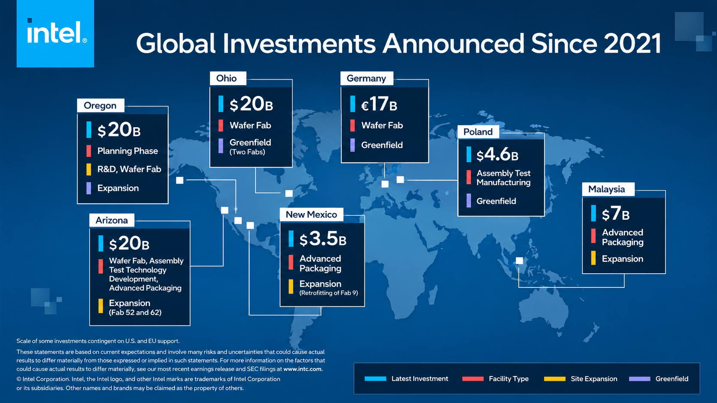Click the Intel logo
pos(55,33)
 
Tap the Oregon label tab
pos(100,105)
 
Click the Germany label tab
pos(367,78)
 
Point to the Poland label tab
pos(478,131)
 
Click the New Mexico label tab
pos(311,215)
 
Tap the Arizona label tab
pos(112,220)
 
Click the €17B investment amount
pos(379,104)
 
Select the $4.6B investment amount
pos(497,155)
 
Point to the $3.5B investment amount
pos(322,239)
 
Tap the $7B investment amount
pos(615,213)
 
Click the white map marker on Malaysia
pos(519,261)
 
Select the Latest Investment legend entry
pos(407,379)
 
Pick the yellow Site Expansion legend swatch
pos(555,379)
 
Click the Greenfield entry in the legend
pos(659,379)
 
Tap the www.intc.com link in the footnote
pos(302,369)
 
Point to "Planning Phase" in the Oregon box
pos(127,151)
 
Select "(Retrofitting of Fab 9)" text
pos(328,293)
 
